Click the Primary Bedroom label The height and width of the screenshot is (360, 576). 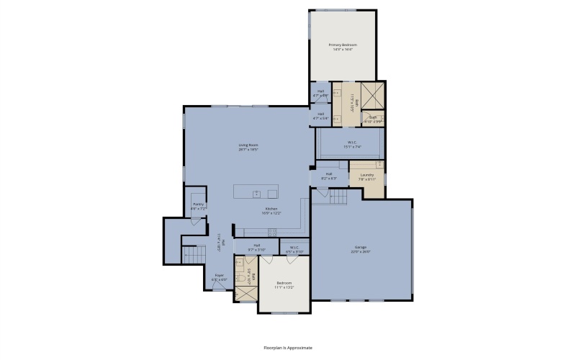[343, 45]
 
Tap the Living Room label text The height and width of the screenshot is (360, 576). [248, 145]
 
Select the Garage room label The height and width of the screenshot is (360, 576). [360, 246]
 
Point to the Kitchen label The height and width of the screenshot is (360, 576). [271, 209]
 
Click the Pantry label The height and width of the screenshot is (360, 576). [197, 204]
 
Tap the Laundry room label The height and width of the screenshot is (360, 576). [366, 174]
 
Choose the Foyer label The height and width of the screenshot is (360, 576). [219, 274]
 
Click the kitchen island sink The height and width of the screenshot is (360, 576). [256, 192]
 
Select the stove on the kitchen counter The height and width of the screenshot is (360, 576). [272, 232]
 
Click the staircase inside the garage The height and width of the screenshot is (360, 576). [338, 197]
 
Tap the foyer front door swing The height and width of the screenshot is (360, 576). [217, 286]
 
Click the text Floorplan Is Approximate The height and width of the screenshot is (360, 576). [288, 347]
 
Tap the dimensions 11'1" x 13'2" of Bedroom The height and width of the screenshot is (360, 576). [284, 287]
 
